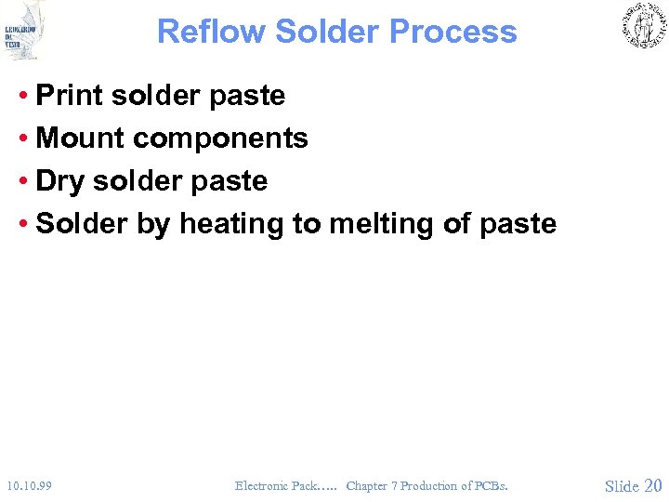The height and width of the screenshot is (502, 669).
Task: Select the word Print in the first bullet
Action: tap(71, 95)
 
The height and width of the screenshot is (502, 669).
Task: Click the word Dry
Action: tap(59, 181)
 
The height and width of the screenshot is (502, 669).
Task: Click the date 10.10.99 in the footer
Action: tap(28, 485)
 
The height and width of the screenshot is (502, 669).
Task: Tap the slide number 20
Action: tap(652, 485)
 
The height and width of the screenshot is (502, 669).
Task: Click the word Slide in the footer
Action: tap(622, 485)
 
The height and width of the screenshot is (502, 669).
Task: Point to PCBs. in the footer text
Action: tap(491, 485)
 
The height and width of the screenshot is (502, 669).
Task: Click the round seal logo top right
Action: tap(643, 26)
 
